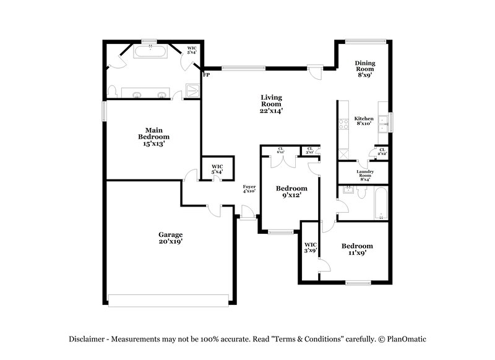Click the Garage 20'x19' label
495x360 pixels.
170,238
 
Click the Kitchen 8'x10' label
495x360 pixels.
363,121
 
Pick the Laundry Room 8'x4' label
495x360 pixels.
363,174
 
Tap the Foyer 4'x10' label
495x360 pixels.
249,189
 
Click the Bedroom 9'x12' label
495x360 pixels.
291,192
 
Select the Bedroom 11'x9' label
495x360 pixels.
358,249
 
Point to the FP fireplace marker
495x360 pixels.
207,75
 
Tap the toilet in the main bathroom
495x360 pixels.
112,92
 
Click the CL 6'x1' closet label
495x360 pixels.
280,149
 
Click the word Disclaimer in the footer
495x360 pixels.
85,338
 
